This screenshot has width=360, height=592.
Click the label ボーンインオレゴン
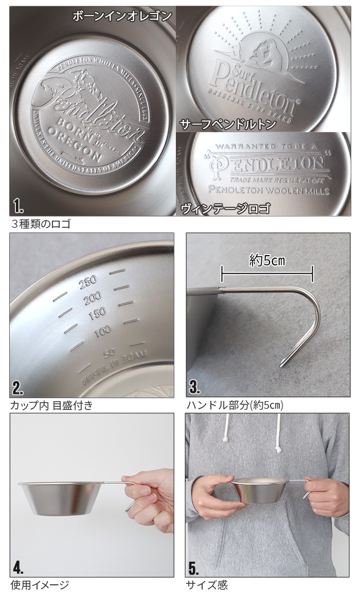pos(122,16)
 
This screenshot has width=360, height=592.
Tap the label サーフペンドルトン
pos(221,124)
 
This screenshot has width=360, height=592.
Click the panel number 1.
pos(19,207)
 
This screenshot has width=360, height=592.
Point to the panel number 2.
pos(19,387)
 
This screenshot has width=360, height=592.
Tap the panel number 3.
pos(194,387)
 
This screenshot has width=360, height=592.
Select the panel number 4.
pos(19,567)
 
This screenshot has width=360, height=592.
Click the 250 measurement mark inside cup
pos(88,281)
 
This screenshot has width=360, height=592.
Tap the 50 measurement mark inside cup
pos(109,353)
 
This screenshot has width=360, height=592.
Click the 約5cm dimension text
pos(267,261)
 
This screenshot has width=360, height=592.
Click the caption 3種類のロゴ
pos(41,224)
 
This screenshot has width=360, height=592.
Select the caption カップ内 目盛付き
pos(51,405)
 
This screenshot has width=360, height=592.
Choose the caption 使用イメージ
pos(39,585)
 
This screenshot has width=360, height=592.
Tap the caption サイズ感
pos(208,585)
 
